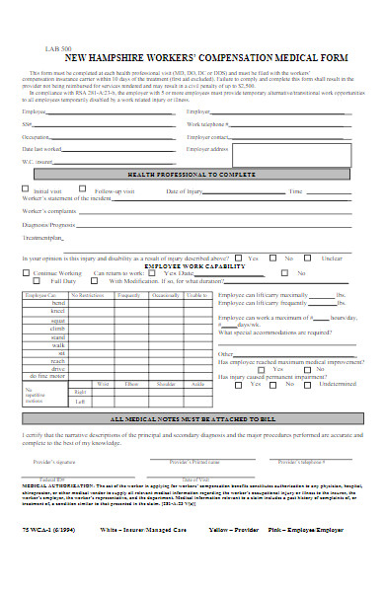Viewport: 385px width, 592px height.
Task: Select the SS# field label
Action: (26, 125)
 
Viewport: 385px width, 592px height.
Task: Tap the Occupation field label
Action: (35, 136)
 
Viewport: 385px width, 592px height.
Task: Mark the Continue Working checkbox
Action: (27, 272)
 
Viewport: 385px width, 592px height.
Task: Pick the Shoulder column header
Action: (166, 355)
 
